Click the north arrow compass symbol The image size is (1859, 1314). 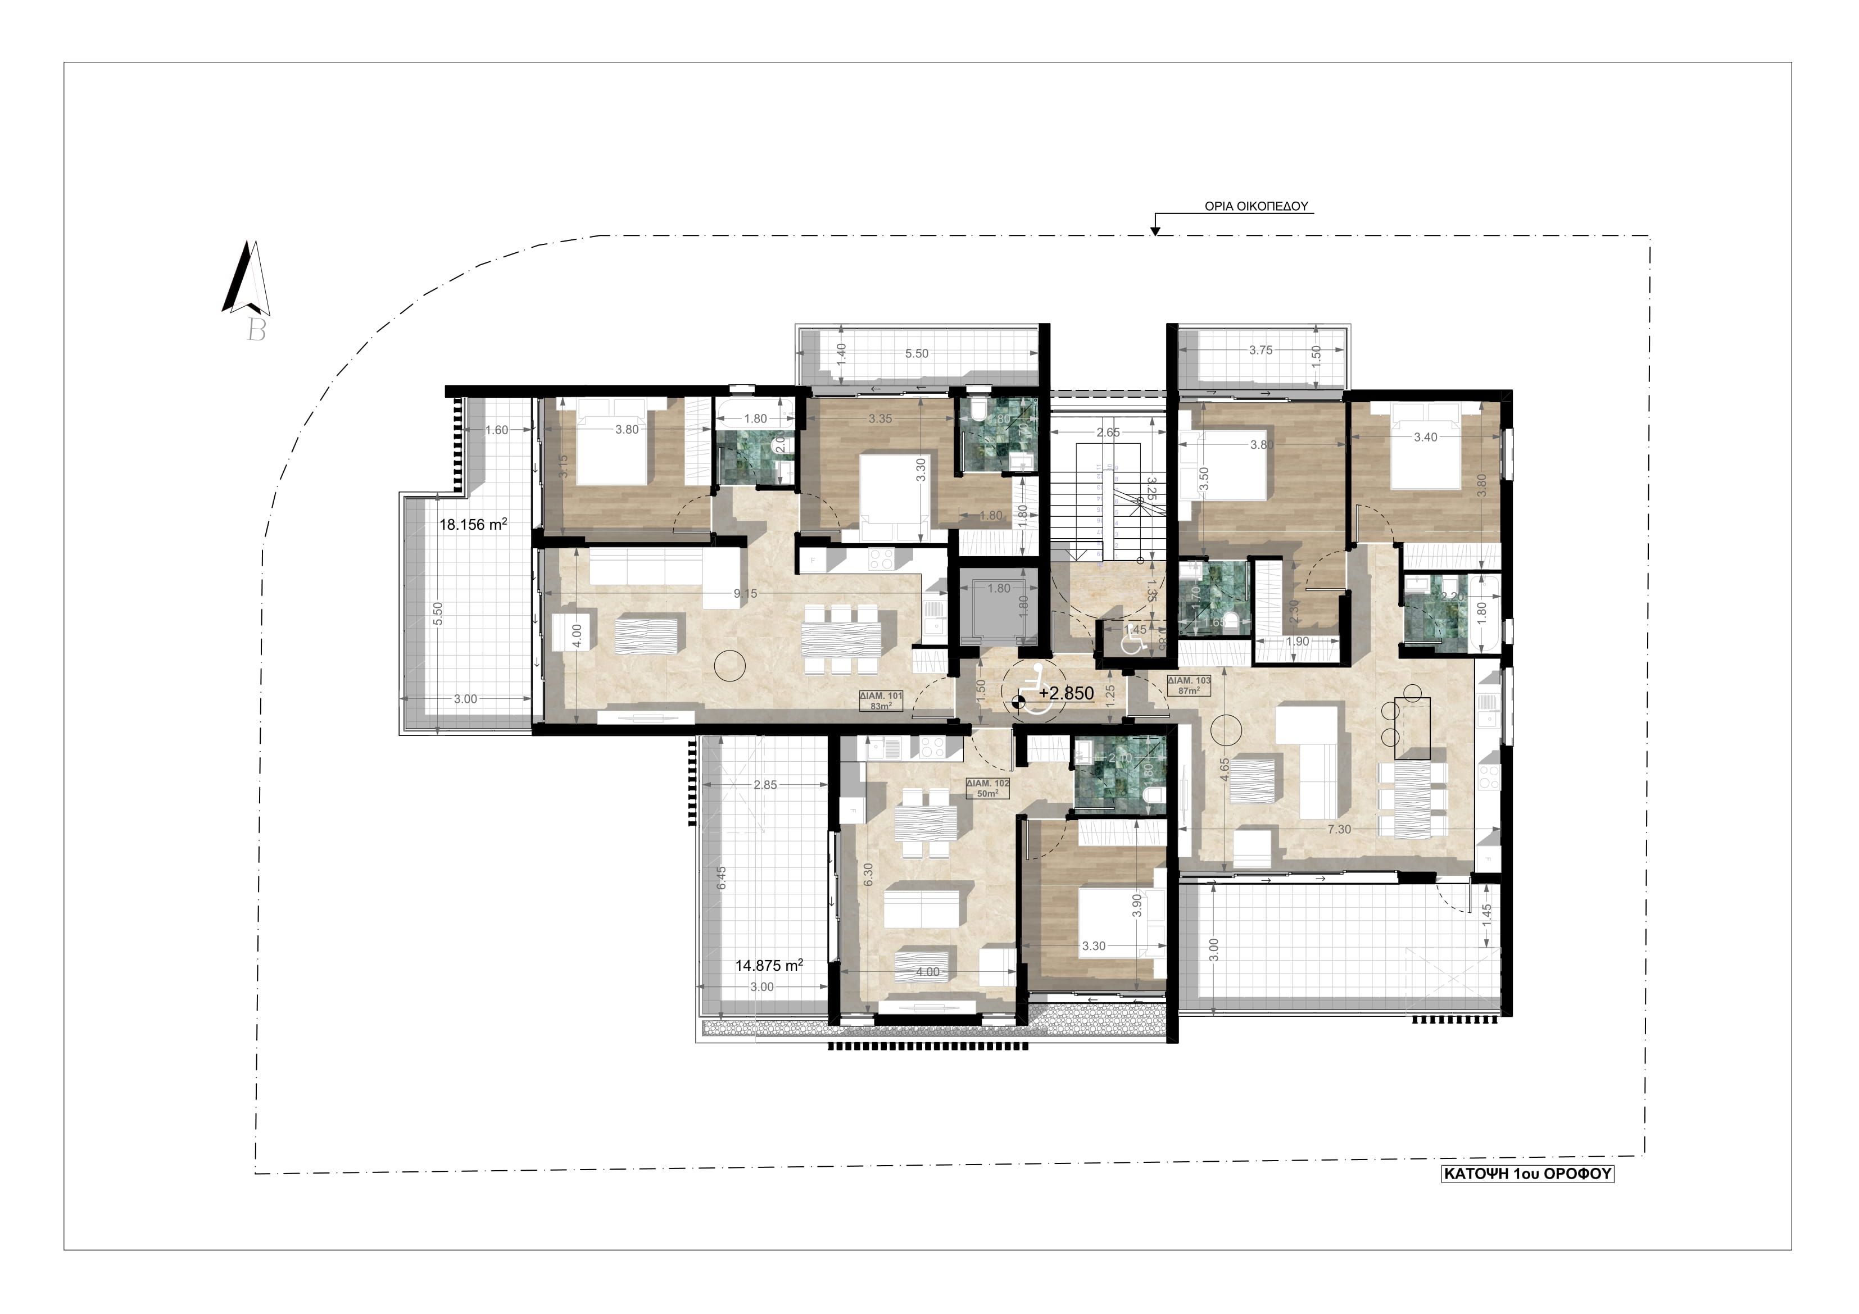[246, 279]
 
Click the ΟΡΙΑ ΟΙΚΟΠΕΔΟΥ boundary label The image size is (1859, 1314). [1257, 206]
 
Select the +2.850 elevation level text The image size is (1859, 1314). [1066, 693]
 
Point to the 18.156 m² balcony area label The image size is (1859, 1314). [473, 525]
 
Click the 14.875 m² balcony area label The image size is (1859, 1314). [768, 965]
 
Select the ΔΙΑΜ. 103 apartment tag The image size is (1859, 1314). [1189, 685]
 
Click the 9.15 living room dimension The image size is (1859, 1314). [745, 593]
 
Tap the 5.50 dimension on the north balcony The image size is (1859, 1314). [917, 354]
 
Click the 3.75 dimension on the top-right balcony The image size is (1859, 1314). [1261, 351]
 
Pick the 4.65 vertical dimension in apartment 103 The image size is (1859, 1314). [1224, 769]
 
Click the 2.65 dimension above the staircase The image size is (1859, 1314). [1108, 433]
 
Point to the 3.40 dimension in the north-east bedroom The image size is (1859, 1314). [1425, 437]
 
